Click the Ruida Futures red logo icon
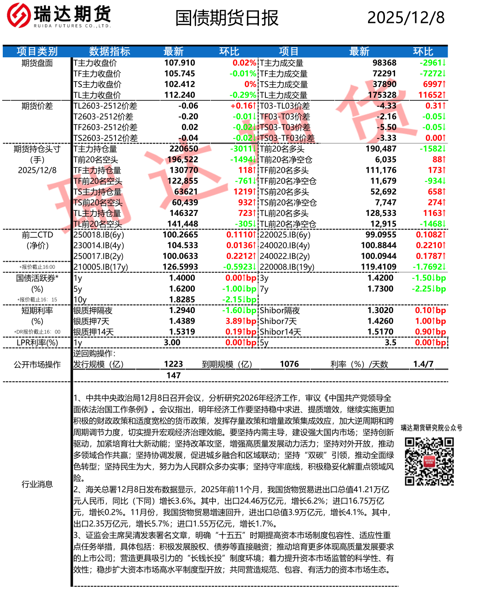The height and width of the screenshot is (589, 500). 18,15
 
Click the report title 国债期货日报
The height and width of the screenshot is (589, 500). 227,18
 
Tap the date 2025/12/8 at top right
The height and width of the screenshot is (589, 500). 406,17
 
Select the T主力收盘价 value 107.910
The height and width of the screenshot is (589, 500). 180,63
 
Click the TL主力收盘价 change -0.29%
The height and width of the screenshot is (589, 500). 243,95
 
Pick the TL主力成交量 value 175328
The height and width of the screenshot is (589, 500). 385,95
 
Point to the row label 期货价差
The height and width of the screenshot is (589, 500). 37,106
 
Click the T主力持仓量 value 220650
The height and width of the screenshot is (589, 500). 184,149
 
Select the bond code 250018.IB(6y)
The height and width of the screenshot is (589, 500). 99,235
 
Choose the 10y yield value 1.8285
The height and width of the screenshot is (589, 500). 182,299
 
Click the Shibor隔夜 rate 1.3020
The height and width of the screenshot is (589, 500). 380,310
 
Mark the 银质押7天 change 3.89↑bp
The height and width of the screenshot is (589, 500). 241,321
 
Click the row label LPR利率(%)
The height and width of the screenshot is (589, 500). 37,342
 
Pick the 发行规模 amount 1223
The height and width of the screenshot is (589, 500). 174,364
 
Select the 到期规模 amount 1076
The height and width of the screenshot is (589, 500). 289,364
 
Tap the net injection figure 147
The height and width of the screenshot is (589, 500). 174,375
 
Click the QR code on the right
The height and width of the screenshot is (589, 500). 429,461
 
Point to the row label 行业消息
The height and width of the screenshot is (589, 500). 37,484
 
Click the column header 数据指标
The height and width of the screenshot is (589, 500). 110,51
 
